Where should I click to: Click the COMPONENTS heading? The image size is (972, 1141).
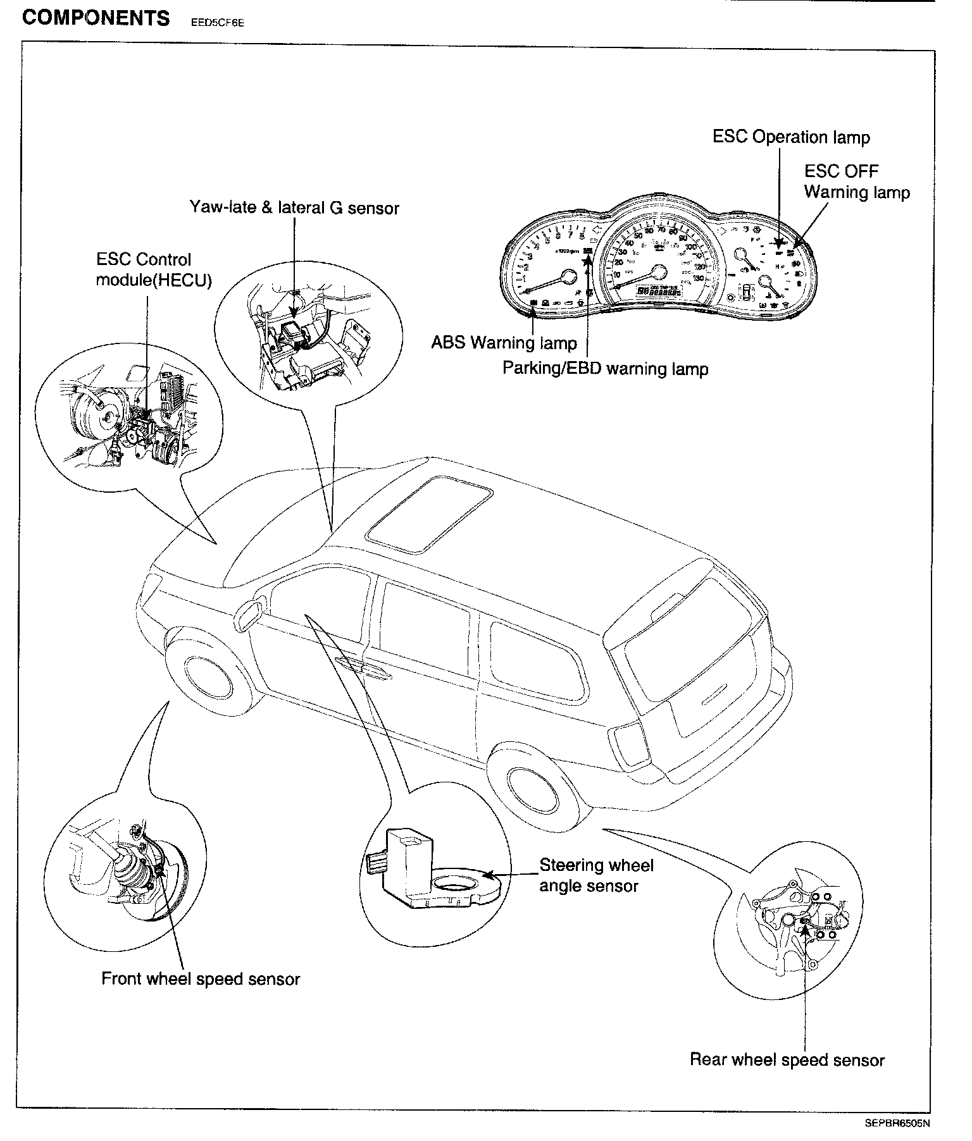(96, 18)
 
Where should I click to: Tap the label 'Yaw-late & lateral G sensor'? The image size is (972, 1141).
(294, 207)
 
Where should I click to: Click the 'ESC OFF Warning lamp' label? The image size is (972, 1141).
(856, 182)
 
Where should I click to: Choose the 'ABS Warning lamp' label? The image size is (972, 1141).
(504, 343)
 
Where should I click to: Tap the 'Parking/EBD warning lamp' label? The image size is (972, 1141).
(605, 368)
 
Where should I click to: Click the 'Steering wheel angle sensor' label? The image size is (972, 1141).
(595, 875)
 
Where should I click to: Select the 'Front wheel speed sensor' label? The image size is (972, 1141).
(201, 979)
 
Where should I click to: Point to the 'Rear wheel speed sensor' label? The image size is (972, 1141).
(787, 1060)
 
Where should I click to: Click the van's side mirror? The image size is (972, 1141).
(248, 612)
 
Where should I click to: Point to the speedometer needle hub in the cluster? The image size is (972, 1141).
(659, 273)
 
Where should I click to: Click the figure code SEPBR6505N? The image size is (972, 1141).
(898, 1124)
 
